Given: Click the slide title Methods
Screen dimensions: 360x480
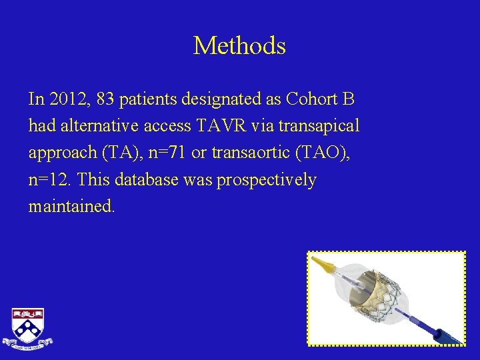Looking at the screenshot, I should [239, 46].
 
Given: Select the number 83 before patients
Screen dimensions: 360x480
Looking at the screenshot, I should [105, 99].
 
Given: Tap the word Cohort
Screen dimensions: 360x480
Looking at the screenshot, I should [313, 99].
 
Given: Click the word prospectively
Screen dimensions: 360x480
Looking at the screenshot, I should [266, 179].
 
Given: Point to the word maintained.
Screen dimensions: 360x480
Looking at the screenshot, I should [71, 206].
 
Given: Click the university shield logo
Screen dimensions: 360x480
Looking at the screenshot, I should [27, 327].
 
